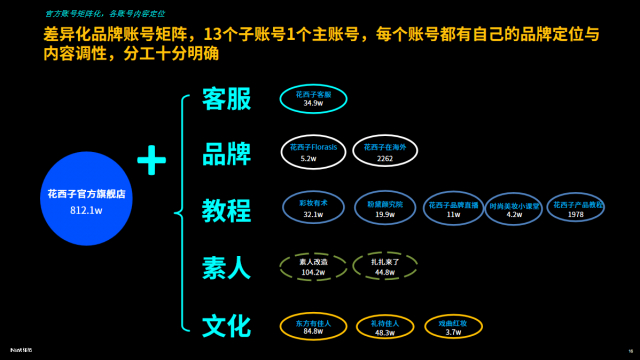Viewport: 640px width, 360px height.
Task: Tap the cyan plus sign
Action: point(152,159)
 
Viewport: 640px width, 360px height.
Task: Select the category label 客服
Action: point(226,99)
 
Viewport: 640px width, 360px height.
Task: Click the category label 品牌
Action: point(226,153)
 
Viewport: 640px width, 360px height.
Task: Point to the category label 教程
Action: point(226,210)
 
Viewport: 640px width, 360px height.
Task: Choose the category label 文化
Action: point(226,325)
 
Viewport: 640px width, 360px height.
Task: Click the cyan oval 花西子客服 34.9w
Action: point(314,97)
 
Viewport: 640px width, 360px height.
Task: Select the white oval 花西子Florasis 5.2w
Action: point(314,152)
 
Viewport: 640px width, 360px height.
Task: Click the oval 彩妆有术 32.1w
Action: point(314,208)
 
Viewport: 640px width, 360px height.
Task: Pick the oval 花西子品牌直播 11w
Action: point(453,208)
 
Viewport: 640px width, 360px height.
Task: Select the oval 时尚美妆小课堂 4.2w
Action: point(514,209)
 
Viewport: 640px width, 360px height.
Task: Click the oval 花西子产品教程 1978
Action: point(576,208)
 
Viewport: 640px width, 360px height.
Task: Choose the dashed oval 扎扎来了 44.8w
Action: point(385,266)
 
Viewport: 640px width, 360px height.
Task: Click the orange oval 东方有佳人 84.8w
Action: point(313,326)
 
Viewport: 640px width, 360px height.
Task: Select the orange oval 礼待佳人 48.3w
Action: point(385,326)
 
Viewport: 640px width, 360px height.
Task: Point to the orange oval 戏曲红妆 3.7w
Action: point(453,326)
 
